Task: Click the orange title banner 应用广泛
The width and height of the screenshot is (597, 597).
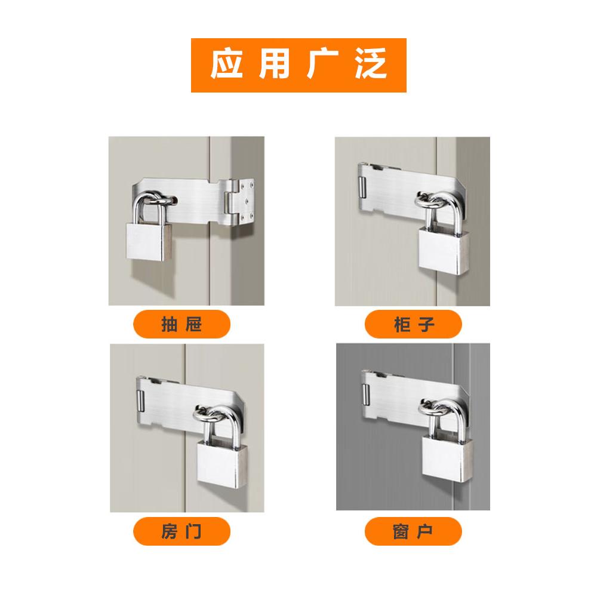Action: coord(298,65)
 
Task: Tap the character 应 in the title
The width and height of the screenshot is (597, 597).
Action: coord(226,64)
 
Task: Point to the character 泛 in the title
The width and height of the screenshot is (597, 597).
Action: coord(371,64)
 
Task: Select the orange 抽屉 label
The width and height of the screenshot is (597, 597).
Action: coord(181,324)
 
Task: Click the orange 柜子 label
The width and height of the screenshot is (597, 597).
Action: coord(413,324)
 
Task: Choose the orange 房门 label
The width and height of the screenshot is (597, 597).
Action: coord(181,531)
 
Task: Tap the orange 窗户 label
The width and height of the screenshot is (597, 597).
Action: coord(413,531)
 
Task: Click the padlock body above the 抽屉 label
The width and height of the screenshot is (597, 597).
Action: coord(149,242)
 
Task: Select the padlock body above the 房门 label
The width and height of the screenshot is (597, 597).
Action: coord(221,463)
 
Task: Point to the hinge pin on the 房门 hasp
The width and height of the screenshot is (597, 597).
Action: coord(140,401)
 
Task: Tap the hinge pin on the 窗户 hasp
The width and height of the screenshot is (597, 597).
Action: coord(367,395)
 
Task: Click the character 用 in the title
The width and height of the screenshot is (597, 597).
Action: coord(274,64)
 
